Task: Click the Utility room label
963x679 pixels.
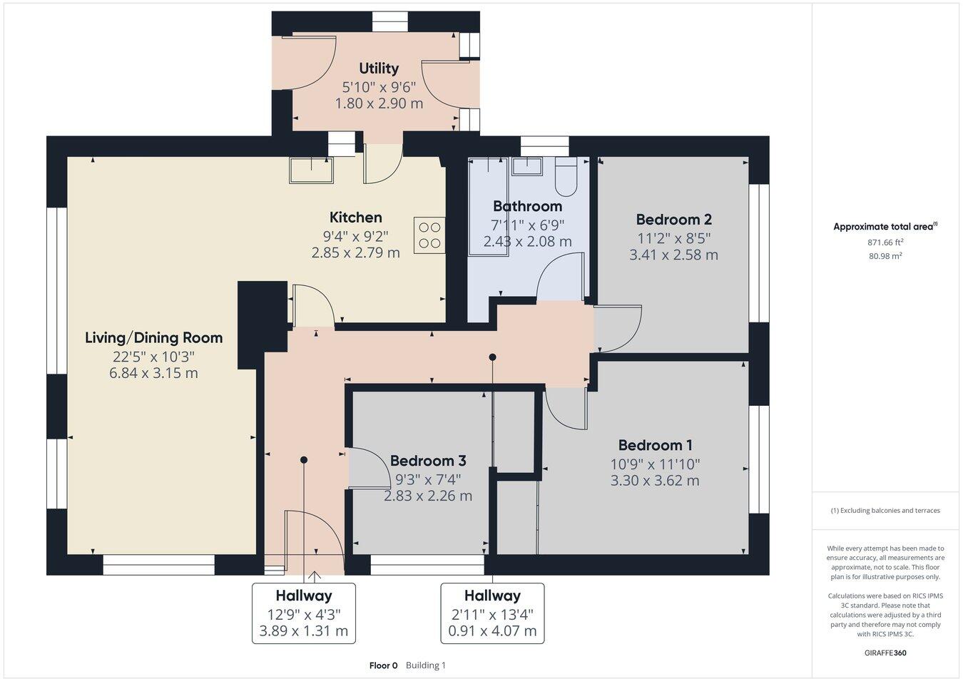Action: click(x=379, y=68)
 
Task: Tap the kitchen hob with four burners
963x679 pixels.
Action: click(x=429, y=235)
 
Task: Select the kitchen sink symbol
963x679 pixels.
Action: click(x=311, y=170)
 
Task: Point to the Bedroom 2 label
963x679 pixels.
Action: click(x=673, y=219)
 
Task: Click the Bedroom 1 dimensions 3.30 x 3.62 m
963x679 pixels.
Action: click(x=655, y=481)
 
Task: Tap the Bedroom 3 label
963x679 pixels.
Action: click(x=428, y=461)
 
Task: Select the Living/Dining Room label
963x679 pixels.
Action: click(x=153, y=337)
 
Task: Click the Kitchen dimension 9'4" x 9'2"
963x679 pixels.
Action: click(x=355, y=235)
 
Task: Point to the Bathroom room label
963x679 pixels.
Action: click(x=527, y=206)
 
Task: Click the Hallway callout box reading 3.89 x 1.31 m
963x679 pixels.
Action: click(x=304, y=613)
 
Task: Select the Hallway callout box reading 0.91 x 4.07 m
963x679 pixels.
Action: click(x=492, y=613)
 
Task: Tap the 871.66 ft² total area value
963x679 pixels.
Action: click(x=885, y=242)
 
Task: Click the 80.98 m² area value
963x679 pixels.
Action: click(x=885, y=255)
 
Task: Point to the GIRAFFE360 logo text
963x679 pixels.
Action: click(x=885, y=653)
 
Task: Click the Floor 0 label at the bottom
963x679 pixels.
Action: click(x=383, y=665)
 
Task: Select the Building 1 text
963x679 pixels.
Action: click(x=426, y=665)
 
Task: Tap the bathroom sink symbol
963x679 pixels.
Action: click(x=527, y=165)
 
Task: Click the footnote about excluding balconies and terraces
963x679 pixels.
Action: click(x=885, y=511)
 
